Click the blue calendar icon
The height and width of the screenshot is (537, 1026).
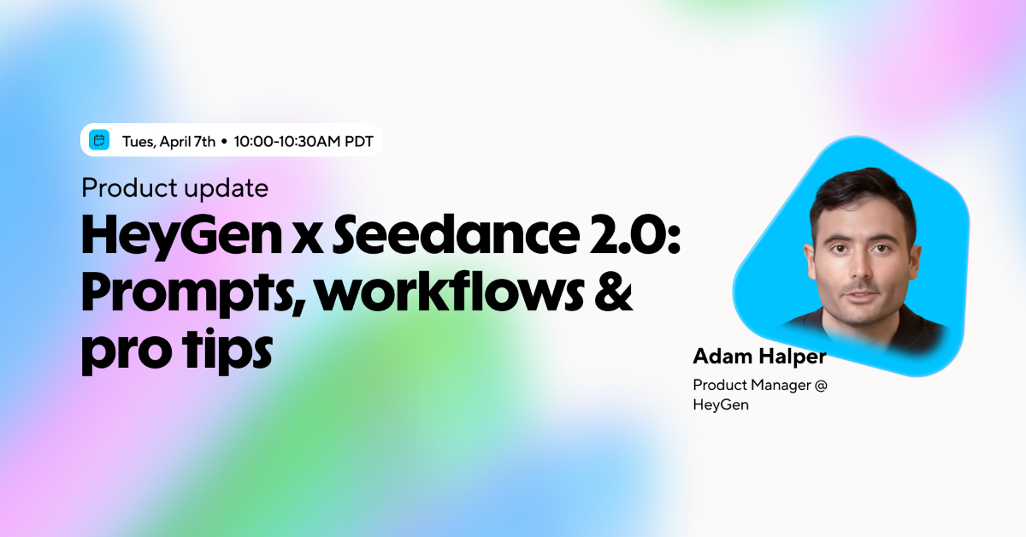[100, 140]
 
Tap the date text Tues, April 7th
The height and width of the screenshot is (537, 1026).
[168, 141]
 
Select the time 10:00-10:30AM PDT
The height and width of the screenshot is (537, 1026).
[303, 141]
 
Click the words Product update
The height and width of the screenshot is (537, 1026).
[174, 187]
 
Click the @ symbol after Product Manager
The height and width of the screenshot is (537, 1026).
[821, 385]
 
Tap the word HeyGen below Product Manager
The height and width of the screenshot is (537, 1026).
[720, 404]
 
